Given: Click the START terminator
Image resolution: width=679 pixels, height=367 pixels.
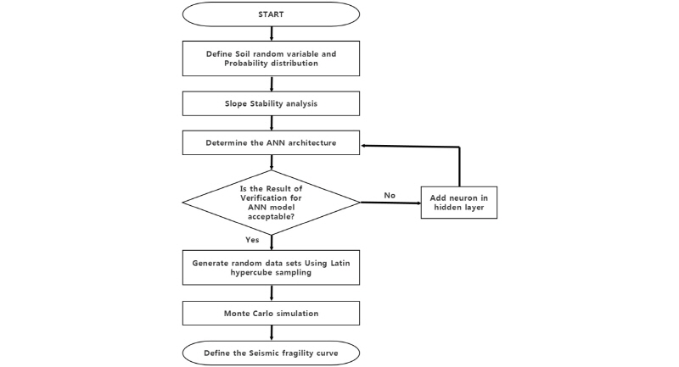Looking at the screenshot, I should pos(271,14).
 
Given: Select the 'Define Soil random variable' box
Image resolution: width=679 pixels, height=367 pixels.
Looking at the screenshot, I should pos(271,58).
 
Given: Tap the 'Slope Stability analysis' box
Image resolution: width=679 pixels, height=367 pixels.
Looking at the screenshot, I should pos(271,103).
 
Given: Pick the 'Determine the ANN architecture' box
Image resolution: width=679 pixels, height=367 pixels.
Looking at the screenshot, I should pos(271,142).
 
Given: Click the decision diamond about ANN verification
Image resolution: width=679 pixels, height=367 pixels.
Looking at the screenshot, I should pos(271,201).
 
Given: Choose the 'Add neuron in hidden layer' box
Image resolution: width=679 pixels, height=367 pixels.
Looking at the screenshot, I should pos(458,202).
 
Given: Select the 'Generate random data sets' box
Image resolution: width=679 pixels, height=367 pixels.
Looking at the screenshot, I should pos(271,267).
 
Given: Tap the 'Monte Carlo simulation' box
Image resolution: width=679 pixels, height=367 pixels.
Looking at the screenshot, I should pos(271,313).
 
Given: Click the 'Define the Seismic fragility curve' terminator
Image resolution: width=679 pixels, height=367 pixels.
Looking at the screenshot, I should pos(271,352).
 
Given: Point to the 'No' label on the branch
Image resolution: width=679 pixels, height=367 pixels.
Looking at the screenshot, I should pos(390,195).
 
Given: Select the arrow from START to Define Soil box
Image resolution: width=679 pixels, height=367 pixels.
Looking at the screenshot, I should pos(271,34).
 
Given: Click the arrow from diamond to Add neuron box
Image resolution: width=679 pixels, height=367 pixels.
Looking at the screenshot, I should pos(390,203).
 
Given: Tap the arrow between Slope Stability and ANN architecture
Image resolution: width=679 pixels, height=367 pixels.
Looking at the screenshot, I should pos(271,123).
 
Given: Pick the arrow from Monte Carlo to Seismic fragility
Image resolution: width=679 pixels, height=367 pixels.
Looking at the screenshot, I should pos(271,332).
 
